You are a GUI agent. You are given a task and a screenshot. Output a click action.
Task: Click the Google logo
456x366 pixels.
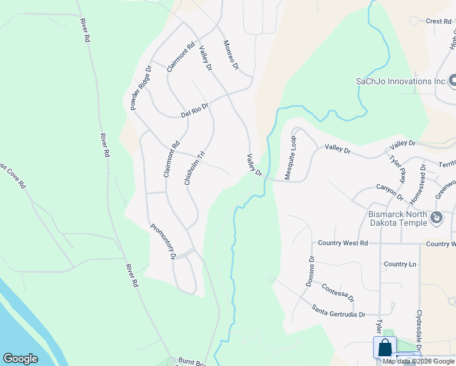click(x=20, y=359)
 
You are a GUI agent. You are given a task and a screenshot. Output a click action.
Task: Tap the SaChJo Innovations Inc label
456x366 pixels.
click(x=401, y=81)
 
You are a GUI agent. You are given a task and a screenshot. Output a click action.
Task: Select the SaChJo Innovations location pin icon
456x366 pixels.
click(x=452, y=81)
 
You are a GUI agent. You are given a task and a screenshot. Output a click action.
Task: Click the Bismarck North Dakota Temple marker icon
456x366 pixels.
click(x=436, y=218)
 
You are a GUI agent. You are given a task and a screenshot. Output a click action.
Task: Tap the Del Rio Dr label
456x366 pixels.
click(x=195, y=110)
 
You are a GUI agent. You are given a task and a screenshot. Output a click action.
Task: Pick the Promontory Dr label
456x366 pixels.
click(x=163, y=242)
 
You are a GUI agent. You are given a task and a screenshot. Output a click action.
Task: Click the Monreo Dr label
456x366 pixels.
click(x=230, y=56)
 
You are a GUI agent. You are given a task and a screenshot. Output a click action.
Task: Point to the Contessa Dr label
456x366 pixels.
click(x=337, y=293)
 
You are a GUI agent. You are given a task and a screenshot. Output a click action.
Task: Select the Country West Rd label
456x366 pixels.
click(x=343, y=243)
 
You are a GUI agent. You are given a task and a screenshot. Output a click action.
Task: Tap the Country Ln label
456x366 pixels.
click(x=400, y=264)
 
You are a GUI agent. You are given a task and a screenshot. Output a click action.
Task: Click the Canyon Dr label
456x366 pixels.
click(x=390, y=192)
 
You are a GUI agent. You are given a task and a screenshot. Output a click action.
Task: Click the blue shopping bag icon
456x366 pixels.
click(x=385, y=348)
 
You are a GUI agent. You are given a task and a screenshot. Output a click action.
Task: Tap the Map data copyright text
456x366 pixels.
click(x=419, y=361)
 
